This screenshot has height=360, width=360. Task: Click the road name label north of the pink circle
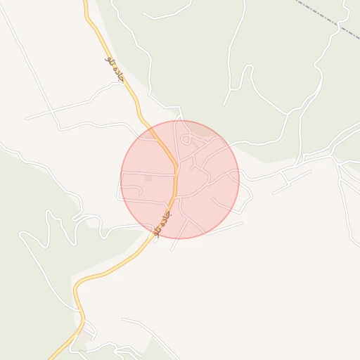coord(115,69)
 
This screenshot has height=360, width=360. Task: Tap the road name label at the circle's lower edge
coord(161,223)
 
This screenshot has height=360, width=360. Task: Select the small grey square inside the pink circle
coord(148,179)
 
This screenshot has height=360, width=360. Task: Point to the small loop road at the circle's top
coord(186,139)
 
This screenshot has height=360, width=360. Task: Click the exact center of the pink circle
coord(180,179)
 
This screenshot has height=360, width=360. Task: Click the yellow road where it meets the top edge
coord(86,2)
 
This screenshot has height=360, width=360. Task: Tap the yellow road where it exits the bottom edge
coord(51,357)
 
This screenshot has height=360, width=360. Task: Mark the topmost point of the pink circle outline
coord(180,120)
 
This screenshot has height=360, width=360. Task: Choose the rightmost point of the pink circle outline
coord(239,179)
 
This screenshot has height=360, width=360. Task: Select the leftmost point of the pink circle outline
coord(121,179)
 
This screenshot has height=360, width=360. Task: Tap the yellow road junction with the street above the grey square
coord(175,174)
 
